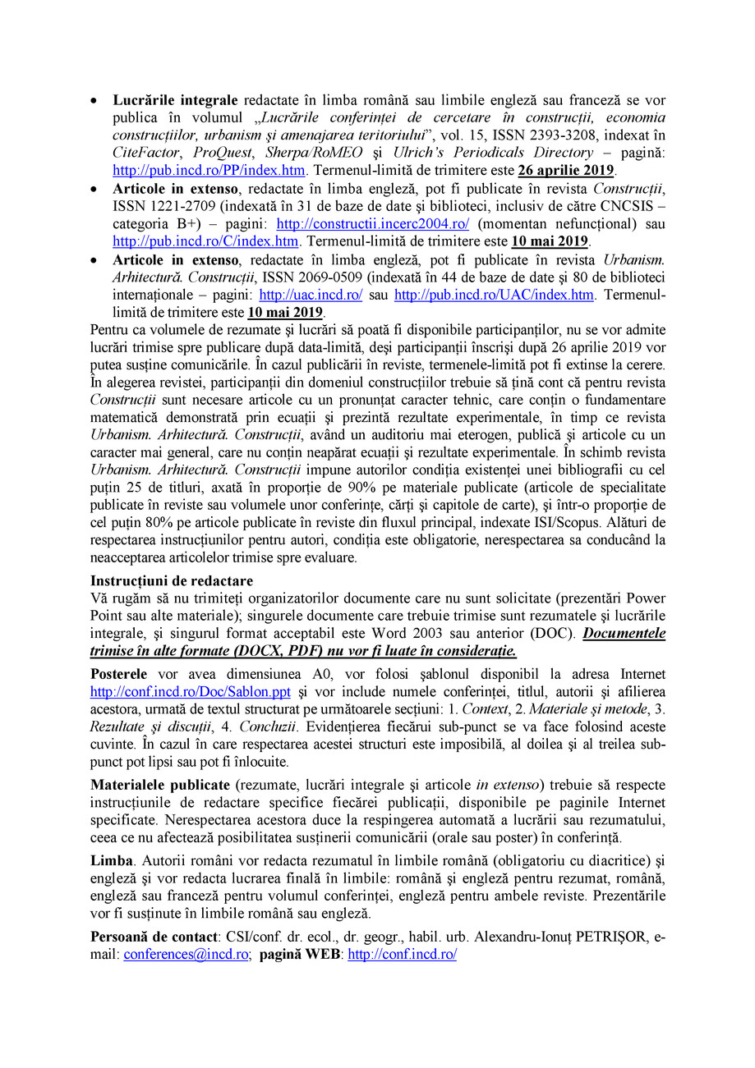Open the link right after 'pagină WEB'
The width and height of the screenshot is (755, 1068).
pyautogui.click(x=403, y=954)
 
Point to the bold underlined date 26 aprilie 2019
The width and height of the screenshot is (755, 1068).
pyautogui.click(x=566, y=171)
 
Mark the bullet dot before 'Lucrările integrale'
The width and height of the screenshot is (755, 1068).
pyautogui.click(x=94, y=100)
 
